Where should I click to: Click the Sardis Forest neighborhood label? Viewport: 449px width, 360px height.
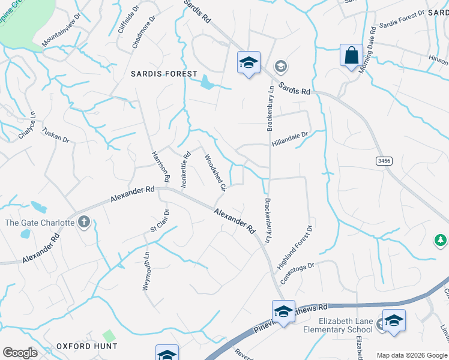point(164,74)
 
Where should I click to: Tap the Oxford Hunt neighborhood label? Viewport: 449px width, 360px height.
point(87,346)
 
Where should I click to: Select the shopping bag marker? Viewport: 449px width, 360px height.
point(351,56)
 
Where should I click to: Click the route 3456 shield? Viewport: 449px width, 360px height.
point(384,161)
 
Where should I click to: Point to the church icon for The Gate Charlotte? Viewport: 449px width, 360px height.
point(83,223)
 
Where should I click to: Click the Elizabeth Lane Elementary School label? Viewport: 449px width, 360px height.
point(346,325)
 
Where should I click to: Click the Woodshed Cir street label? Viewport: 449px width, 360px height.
point(214,172)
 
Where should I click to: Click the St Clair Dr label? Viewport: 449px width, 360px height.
point(161,221)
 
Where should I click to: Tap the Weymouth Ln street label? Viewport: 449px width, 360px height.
point(145,271)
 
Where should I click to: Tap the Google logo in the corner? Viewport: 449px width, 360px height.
point(20,353)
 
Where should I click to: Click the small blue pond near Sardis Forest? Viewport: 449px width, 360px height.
point(206,82)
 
